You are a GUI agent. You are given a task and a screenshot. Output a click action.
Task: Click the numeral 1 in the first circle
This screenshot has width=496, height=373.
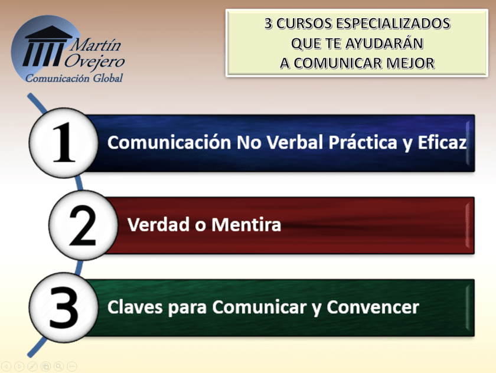point(63,142)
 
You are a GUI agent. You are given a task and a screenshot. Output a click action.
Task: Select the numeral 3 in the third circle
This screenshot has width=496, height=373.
point(63,307)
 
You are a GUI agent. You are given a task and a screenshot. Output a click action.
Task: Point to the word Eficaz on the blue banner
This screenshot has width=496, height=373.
point(444,143)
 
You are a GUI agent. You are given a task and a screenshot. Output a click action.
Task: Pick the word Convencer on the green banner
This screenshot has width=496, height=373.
point(373,307)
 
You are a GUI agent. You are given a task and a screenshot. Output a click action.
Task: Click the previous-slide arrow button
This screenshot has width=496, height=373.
point(6,367)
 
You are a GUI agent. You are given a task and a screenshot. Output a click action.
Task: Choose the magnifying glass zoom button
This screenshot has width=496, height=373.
point(59,367)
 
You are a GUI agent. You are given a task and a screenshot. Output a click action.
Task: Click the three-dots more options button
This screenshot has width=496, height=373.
point(72,367)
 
